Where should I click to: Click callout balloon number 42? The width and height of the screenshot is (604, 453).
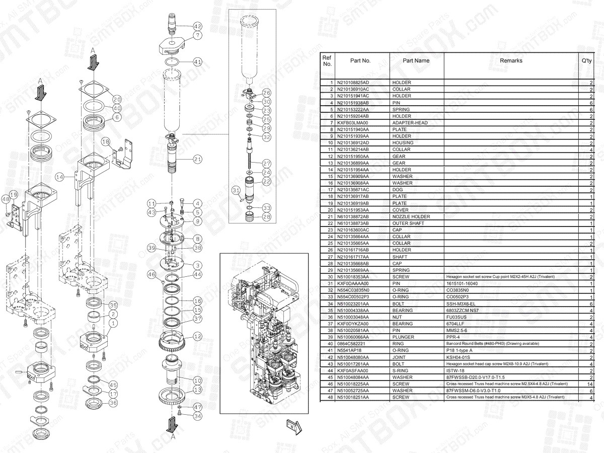point(198,26)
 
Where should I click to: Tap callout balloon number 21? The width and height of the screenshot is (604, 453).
point(198,159)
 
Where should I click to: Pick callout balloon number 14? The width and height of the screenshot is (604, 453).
point(60,177)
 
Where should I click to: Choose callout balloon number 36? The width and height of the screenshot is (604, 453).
point(113,403)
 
